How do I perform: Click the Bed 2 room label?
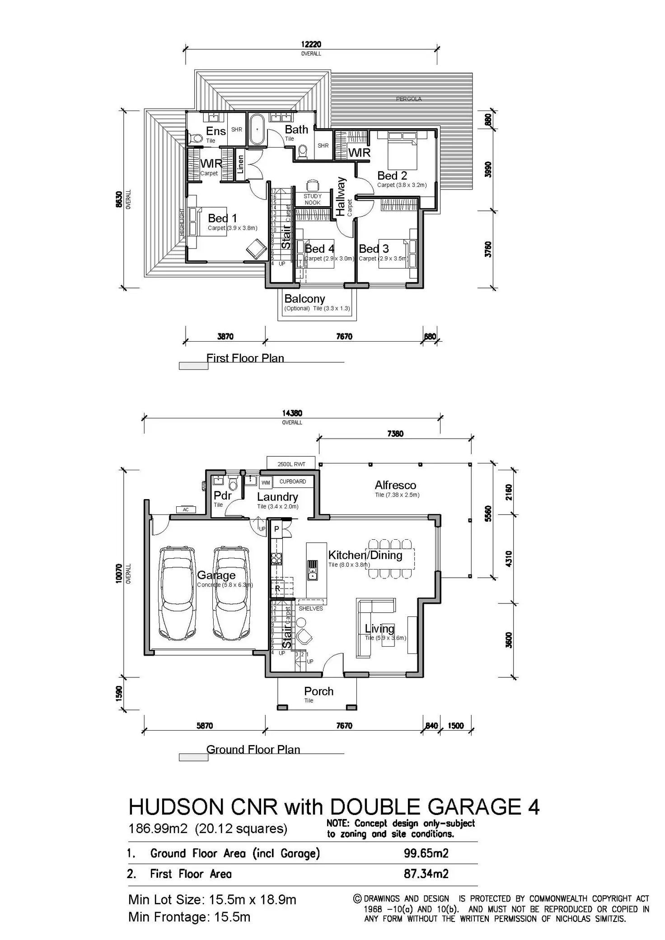(x=392, y=176)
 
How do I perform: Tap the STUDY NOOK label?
(x=313, y=199)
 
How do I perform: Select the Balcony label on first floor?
(x=304, y=299)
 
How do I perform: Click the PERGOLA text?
(x=409, y=99)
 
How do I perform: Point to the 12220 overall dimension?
(x=311, y=44)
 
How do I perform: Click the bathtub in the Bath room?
(x=257, y=130)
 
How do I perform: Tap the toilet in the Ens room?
(x=197, y=138)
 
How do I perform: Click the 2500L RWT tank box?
(x=291, y=464)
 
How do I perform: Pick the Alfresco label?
(x=395, y=485)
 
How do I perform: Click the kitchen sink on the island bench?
(x=313, y=570)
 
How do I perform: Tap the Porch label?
(x=318, y=691)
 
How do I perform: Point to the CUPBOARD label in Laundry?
(x=292, y=482)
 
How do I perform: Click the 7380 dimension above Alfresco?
(x=395, y=434)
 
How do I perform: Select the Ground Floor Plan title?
(x=253, y=750)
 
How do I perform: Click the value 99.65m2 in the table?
(x=426, y=853)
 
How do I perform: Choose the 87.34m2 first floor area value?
(x=426, y=874)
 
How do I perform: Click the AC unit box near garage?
(x=186, y=510)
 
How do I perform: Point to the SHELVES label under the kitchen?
(x=311, y=609)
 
